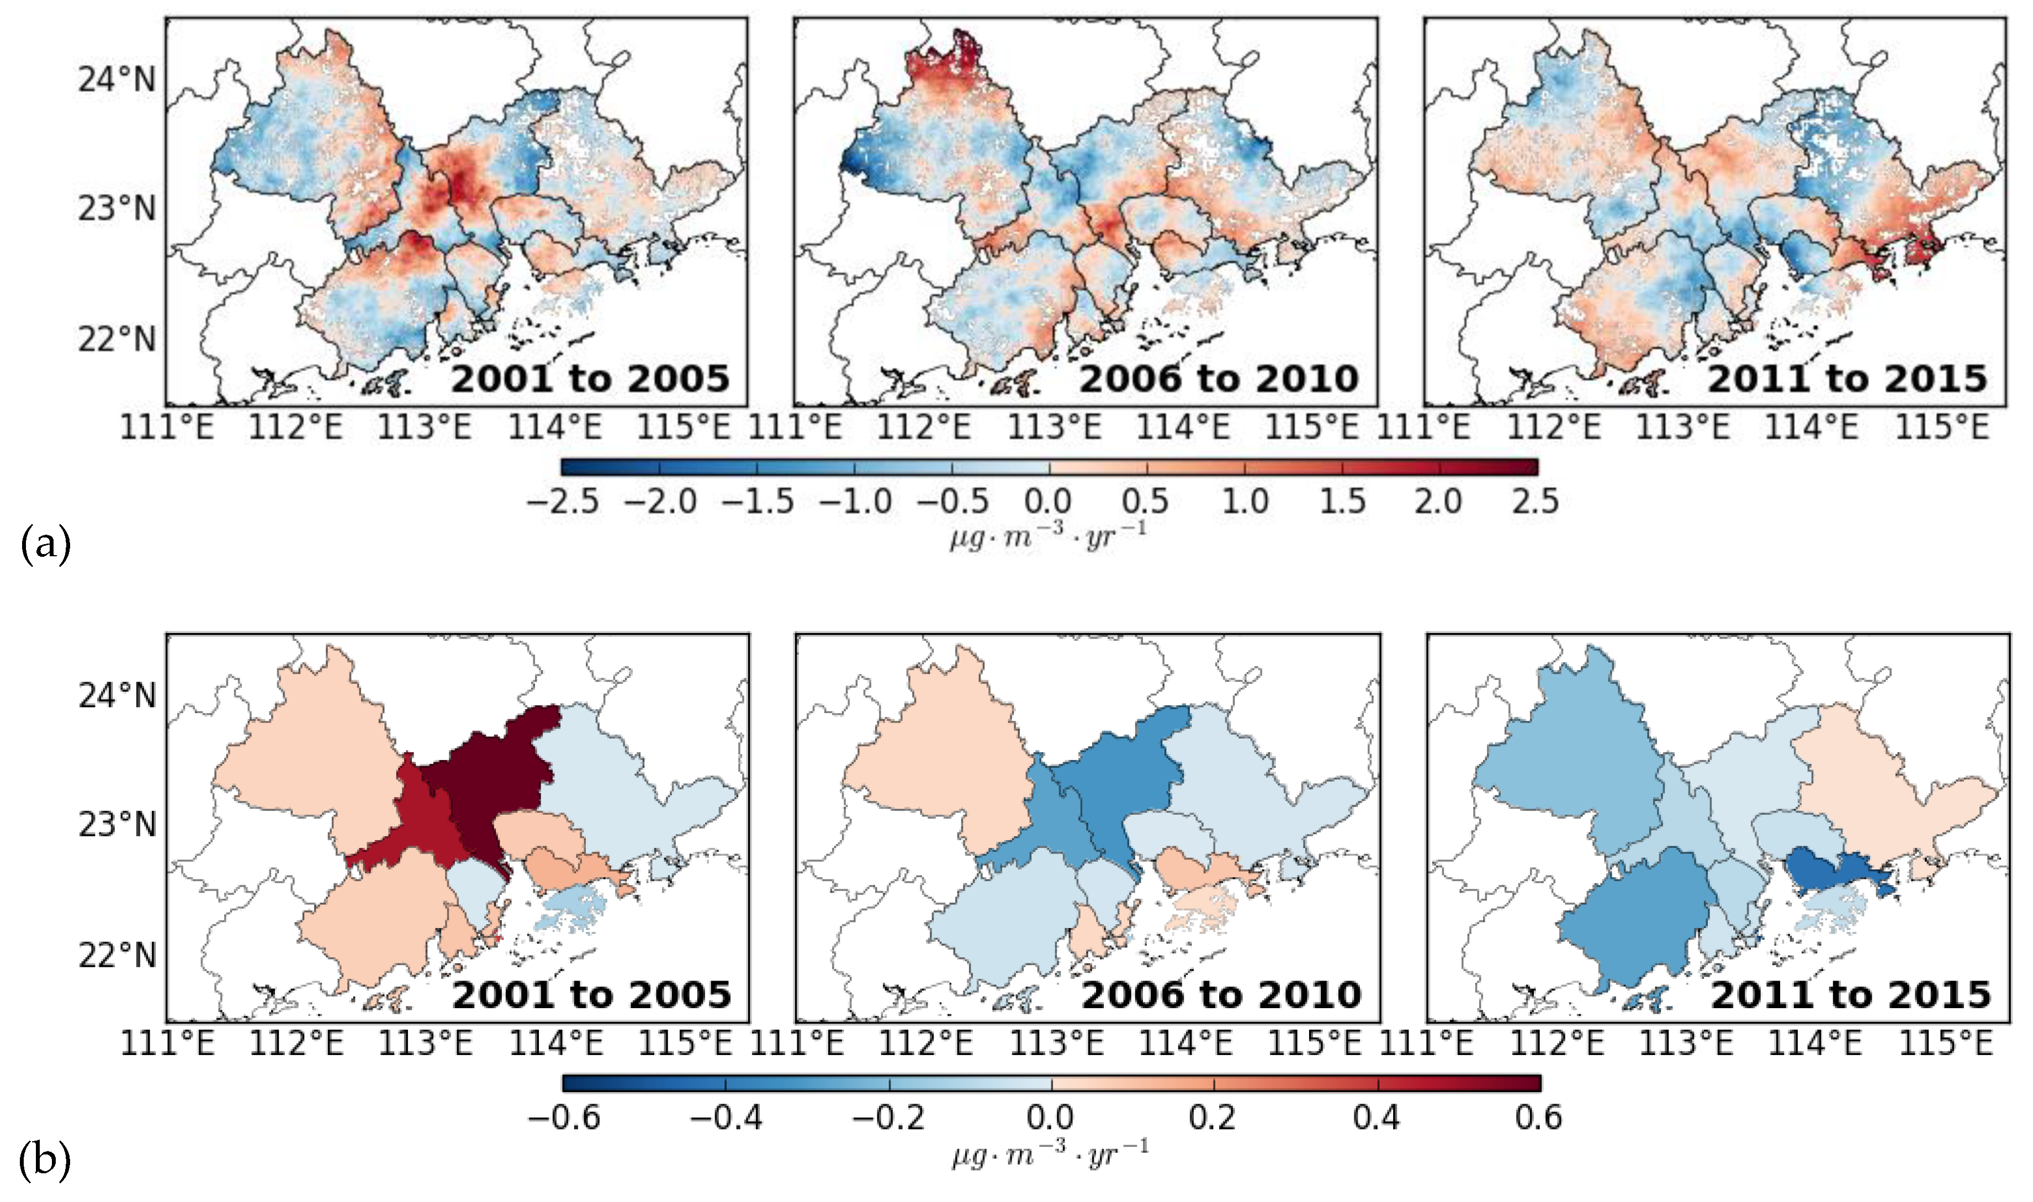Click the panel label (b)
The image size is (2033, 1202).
(45, 1160)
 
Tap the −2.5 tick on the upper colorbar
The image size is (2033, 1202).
(562, 502)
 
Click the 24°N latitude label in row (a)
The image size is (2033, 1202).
(117, 80)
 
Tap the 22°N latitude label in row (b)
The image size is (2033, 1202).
(117, 955)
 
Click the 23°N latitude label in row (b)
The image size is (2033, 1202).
(117, 825)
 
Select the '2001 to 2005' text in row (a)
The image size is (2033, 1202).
(590, 379)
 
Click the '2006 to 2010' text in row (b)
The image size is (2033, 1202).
(1221, 995)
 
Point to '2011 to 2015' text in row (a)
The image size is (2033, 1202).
(1847, 379)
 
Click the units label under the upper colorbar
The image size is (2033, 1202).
(1049, 535)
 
